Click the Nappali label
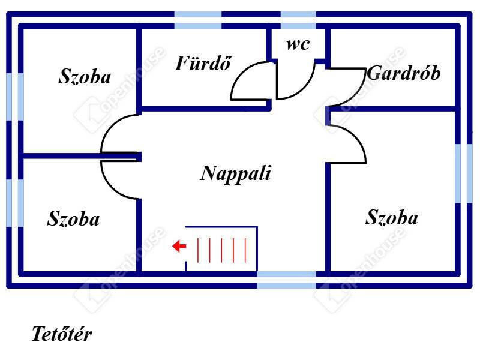point(236,173)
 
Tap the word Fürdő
point(203,63)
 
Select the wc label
point(298,44)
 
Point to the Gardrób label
point(403,73)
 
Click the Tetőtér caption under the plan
point(62,334)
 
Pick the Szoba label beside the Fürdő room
point(85,76)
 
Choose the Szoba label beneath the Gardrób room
point(391,217)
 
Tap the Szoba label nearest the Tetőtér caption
point(73,218)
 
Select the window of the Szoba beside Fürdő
point(15,97)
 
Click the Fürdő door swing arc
point(247,81)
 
